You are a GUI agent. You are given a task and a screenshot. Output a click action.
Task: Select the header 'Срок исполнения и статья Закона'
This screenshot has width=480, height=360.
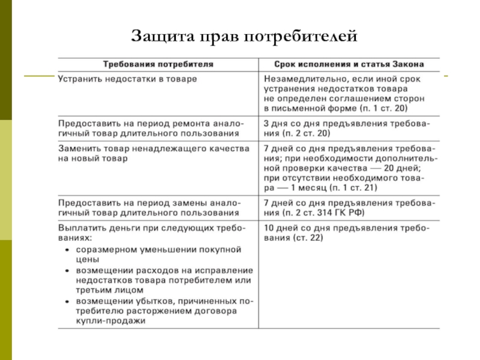tap(350, 63)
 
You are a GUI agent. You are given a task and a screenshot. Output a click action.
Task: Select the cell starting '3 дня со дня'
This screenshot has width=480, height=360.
tap(350, 128)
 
